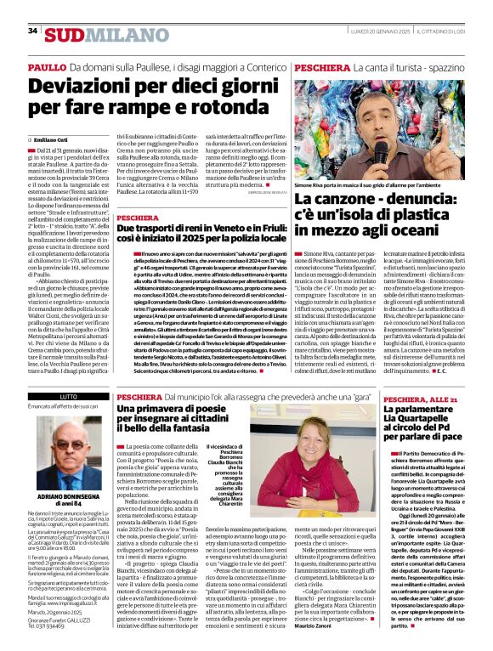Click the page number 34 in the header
pyautogui.click(x=33, y=31)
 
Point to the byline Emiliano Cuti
pyautogui.click(x=53, y=139)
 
